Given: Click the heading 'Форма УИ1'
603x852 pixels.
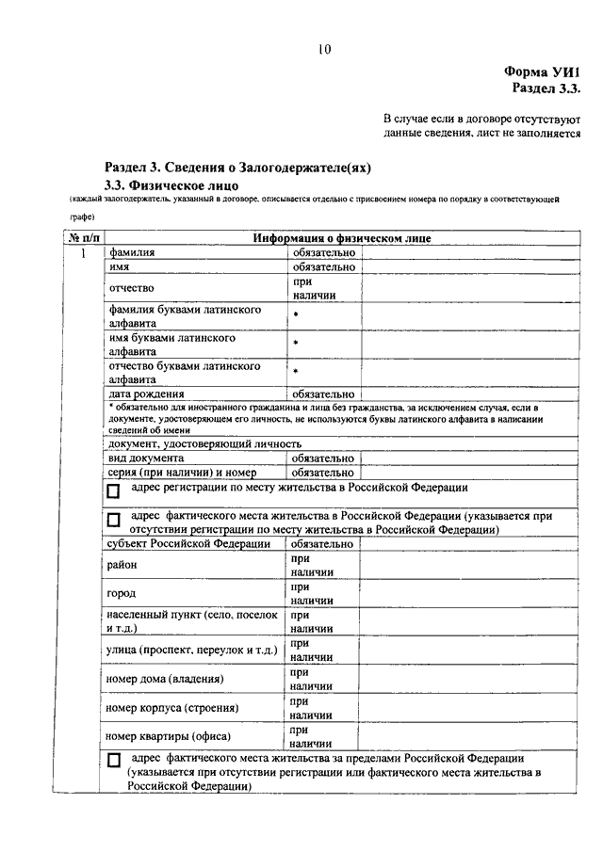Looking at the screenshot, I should click(x=545, y=72).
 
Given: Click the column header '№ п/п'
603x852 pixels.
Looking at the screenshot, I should click(x=83, y=239).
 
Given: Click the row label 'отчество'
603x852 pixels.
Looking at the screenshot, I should click(x=131, y=287).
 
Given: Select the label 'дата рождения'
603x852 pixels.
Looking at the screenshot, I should click(x=146, y=394).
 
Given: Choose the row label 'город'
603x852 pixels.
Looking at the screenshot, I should click(x=122, y=593).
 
